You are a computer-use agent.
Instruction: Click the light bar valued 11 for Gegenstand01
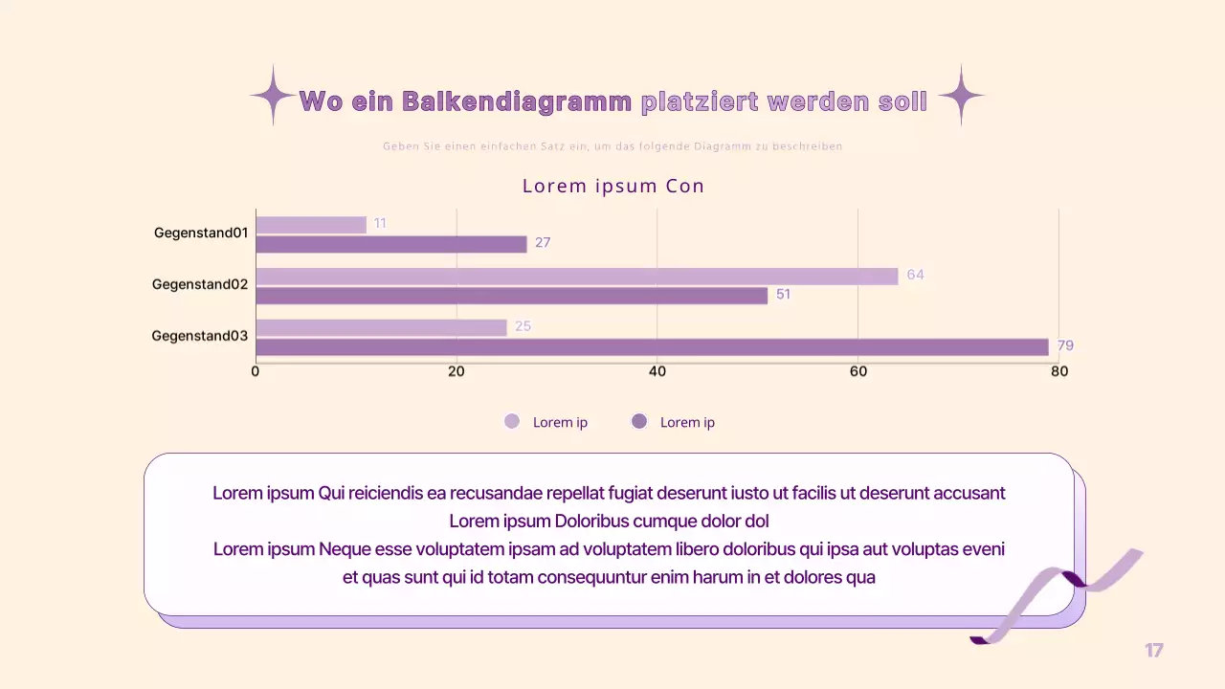point(311,225)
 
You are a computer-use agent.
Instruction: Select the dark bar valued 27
point(391,244)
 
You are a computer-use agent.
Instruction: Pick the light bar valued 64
point(577,277)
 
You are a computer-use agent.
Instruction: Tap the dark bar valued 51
point(512,296)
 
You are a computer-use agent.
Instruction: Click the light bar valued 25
point(381,327)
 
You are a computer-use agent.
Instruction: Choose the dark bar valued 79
point(652,346)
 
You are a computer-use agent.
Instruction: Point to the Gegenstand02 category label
point(200,284)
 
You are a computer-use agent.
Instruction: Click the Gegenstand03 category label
point(200,336)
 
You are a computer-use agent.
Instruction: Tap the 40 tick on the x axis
point(657,371)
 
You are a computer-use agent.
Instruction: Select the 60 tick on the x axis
point(857,371)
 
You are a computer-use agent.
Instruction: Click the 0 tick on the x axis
point(256,371)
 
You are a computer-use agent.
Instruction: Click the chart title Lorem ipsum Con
point(613,186)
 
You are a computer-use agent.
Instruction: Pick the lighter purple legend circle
point(512,421)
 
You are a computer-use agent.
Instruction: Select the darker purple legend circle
point(639,421)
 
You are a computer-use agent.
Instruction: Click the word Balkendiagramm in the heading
point(517,101)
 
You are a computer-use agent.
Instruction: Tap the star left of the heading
point(273,96)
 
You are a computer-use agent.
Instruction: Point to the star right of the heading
point(961,96)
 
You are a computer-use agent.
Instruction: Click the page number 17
point(1154,651)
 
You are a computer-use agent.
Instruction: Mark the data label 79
point(1065,345)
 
